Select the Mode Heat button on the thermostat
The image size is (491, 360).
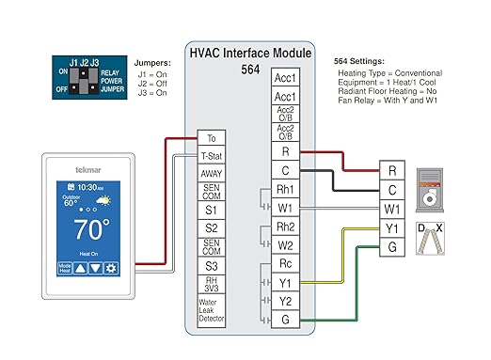coord(66,268)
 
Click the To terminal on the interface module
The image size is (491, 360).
coord(212,138)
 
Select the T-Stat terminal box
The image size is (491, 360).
coord(212,155)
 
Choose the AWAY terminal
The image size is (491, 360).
coord(212,173)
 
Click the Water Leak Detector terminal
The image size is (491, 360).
coord(212,312)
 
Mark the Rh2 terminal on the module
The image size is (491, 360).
coord(285,227)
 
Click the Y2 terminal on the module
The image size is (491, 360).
coord(285,301)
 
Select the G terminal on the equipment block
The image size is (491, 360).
coord(392,247)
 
